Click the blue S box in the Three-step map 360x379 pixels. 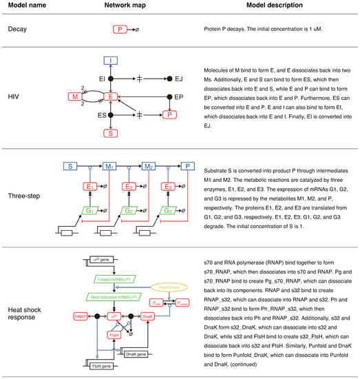click(x=70, y=167)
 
